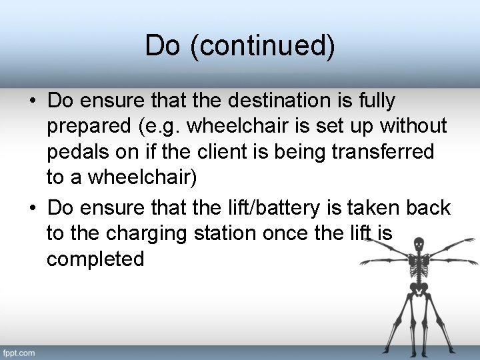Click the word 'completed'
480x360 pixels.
coord(95,259)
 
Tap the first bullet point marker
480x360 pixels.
coord(32,101)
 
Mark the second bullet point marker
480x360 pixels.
coord(32,208)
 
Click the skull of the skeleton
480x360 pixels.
coord(419,245)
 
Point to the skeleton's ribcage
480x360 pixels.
coord(419,267)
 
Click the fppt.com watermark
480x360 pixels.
coord(19,352)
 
